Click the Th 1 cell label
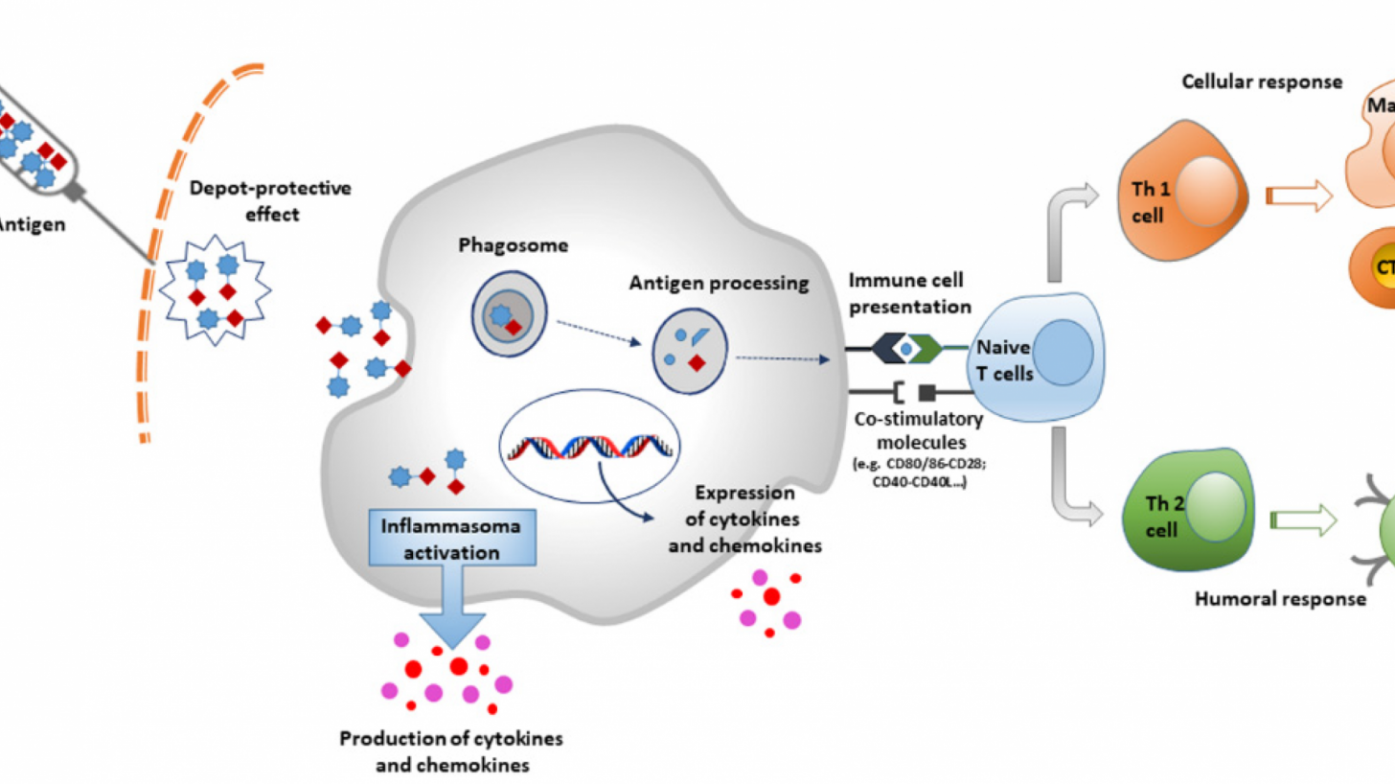point(1145,203)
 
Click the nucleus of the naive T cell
point(1060,353)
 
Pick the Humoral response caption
point(1280,599)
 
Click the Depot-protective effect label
point(269,200)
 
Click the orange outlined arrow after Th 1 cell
point(1300,197)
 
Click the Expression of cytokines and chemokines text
point(746,521)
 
